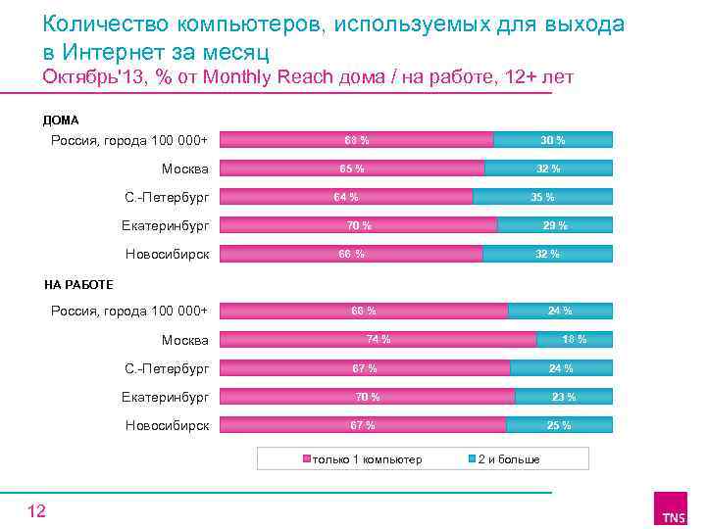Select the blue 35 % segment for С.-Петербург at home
pyautogui.click(x=542, y=197)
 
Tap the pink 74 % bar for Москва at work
pyautogui.click(x=378, y=340)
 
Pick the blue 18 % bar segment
pyautogui.click(x=575, y=340)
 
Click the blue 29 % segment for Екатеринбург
pyautogui.click(x=555, y=225)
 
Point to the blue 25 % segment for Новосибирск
pyautogui.click(x=559, y=425)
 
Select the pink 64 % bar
pyautogui.click(x=345, y=197)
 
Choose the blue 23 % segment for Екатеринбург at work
pyautogui.click(x=564, y=397)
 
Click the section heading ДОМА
pyautogui.click(x=61, y=120)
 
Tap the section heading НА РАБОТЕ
pyautogui.click(x=78, y=285)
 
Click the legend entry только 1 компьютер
pyautogui.click(x=367, y=459)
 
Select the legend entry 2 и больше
pyautogui.click(x=508, y=459)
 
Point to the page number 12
pyautogui.click(x=36, y=510)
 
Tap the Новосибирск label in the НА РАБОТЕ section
pyautogui.click(x=167, y=426)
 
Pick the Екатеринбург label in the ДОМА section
pyautogui.click(x=167, y=226)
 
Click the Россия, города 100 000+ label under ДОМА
pyautogui.click(x=129, y=140)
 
